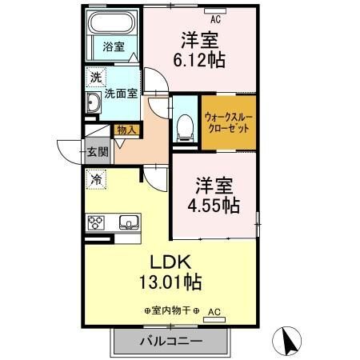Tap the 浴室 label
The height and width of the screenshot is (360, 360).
(114, 47)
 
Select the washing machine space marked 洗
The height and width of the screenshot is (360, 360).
(96, 78)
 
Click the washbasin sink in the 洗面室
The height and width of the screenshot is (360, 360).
(93, 102)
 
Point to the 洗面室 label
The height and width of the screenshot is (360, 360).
(121, 94)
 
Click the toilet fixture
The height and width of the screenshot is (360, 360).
(185, 128)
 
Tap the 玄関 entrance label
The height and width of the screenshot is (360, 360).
(98, 152)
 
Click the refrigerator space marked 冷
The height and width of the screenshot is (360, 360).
(96, 180)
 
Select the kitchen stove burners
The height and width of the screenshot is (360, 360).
(95, 222)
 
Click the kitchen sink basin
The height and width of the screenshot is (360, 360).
(129, 222)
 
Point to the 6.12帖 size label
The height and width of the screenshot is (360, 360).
(199, 60)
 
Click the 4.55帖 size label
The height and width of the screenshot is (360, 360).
(214, 206)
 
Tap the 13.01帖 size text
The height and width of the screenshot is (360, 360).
(170, 282)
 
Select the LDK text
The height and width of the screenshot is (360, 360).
(170, 262)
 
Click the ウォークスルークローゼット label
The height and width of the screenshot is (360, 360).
(229, 123)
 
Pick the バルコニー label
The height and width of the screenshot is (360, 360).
(171, 341)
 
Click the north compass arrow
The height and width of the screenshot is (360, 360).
(287, 342)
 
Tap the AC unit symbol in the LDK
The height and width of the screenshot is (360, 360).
(214, 320)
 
